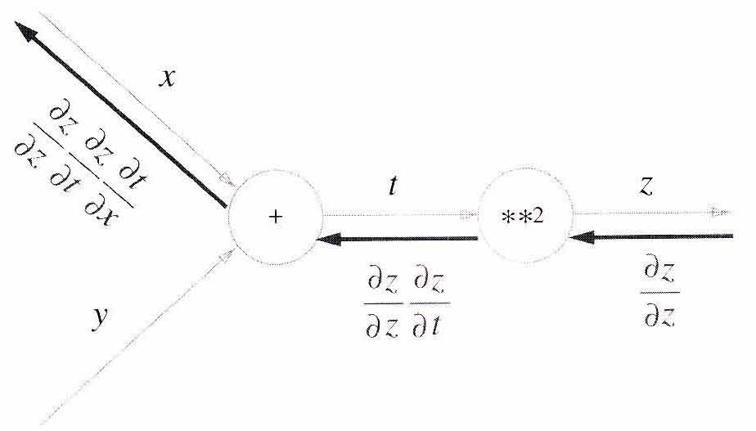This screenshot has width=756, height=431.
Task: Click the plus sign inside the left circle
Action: (x=275, y=217)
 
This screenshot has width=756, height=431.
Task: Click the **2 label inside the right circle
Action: (x=523, y=217)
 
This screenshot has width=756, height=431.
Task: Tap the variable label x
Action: (x=167, y=77)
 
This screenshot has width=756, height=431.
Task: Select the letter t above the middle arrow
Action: (x=393, y=186)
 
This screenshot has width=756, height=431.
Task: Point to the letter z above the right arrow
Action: (x=646, y=186)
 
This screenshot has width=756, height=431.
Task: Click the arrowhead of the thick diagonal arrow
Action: (x=25, y=31)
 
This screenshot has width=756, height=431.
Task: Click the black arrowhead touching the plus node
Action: (x=329, y=239)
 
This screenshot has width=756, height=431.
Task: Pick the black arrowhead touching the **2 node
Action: (x=581, y=236)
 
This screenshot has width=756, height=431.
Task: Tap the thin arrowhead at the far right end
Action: (x=722, y=212)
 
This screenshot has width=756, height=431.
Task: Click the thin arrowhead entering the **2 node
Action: (x=468, y=215)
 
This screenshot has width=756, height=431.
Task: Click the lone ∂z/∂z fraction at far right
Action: (x=659, y=293)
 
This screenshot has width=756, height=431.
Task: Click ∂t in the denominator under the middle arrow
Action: (x=427, y=326)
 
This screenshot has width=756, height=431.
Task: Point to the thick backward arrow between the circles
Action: (x=397, y=239)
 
